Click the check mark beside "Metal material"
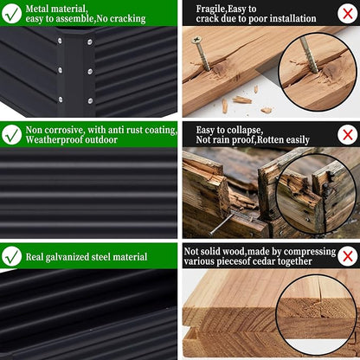(x=11, y=13)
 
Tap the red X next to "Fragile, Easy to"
(x=348, y=13)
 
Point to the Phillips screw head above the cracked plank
(x=196, y=39)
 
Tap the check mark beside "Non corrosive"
(x=11, y=134)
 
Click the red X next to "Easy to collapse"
(x=348, y=134)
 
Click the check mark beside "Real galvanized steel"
(x=11, y=256)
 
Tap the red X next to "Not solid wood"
(x=348, y=256)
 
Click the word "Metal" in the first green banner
(x=36, y=9)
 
